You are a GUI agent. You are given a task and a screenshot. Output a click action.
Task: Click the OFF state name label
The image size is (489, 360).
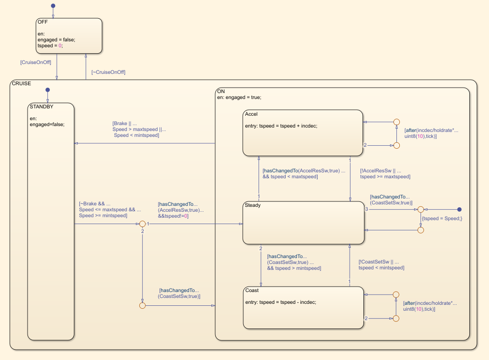(x=43, y=22)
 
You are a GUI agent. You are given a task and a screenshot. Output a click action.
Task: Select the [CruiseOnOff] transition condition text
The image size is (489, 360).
(x=35, y=63)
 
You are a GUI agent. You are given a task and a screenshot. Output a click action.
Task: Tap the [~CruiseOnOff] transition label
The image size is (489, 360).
(x=108, y=72)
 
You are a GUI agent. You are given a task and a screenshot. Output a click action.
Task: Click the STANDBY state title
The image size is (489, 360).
(x=42, y=106)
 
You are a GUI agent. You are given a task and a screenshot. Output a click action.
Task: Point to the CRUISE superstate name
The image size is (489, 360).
(x=21, y=84)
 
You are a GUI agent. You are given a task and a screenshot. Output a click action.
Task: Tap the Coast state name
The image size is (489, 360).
(x=252, y=291)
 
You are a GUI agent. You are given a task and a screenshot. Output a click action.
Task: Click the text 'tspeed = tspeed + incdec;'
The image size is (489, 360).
(x=281, y=126)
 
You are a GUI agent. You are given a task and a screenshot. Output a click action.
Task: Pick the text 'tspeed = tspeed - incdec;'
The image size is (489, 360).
(x=280, y=302)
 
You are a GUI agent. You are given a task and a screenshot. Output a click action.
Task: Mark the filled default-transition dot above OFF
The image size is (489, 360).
(x=53, y=6)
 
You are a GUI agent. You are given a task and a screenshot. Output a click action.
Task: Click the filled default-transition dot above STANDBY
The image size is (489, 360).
(x=47, y=90)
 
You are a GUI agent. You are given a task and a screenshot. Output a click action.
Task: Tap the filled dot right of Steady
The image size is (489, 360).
(x=459, y=209)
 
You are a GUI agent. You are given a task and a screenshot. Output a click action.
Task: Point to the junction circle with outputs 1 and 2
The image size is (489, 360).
(x=142, y=224)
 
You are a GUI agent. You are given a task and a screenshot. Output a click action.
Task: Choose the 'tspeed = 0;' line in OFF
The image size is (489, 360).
(x=50, y=46)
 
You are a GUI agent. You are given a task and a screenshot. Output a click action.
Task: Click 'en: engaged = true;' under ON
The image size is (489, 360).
(x=239, y=98)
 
